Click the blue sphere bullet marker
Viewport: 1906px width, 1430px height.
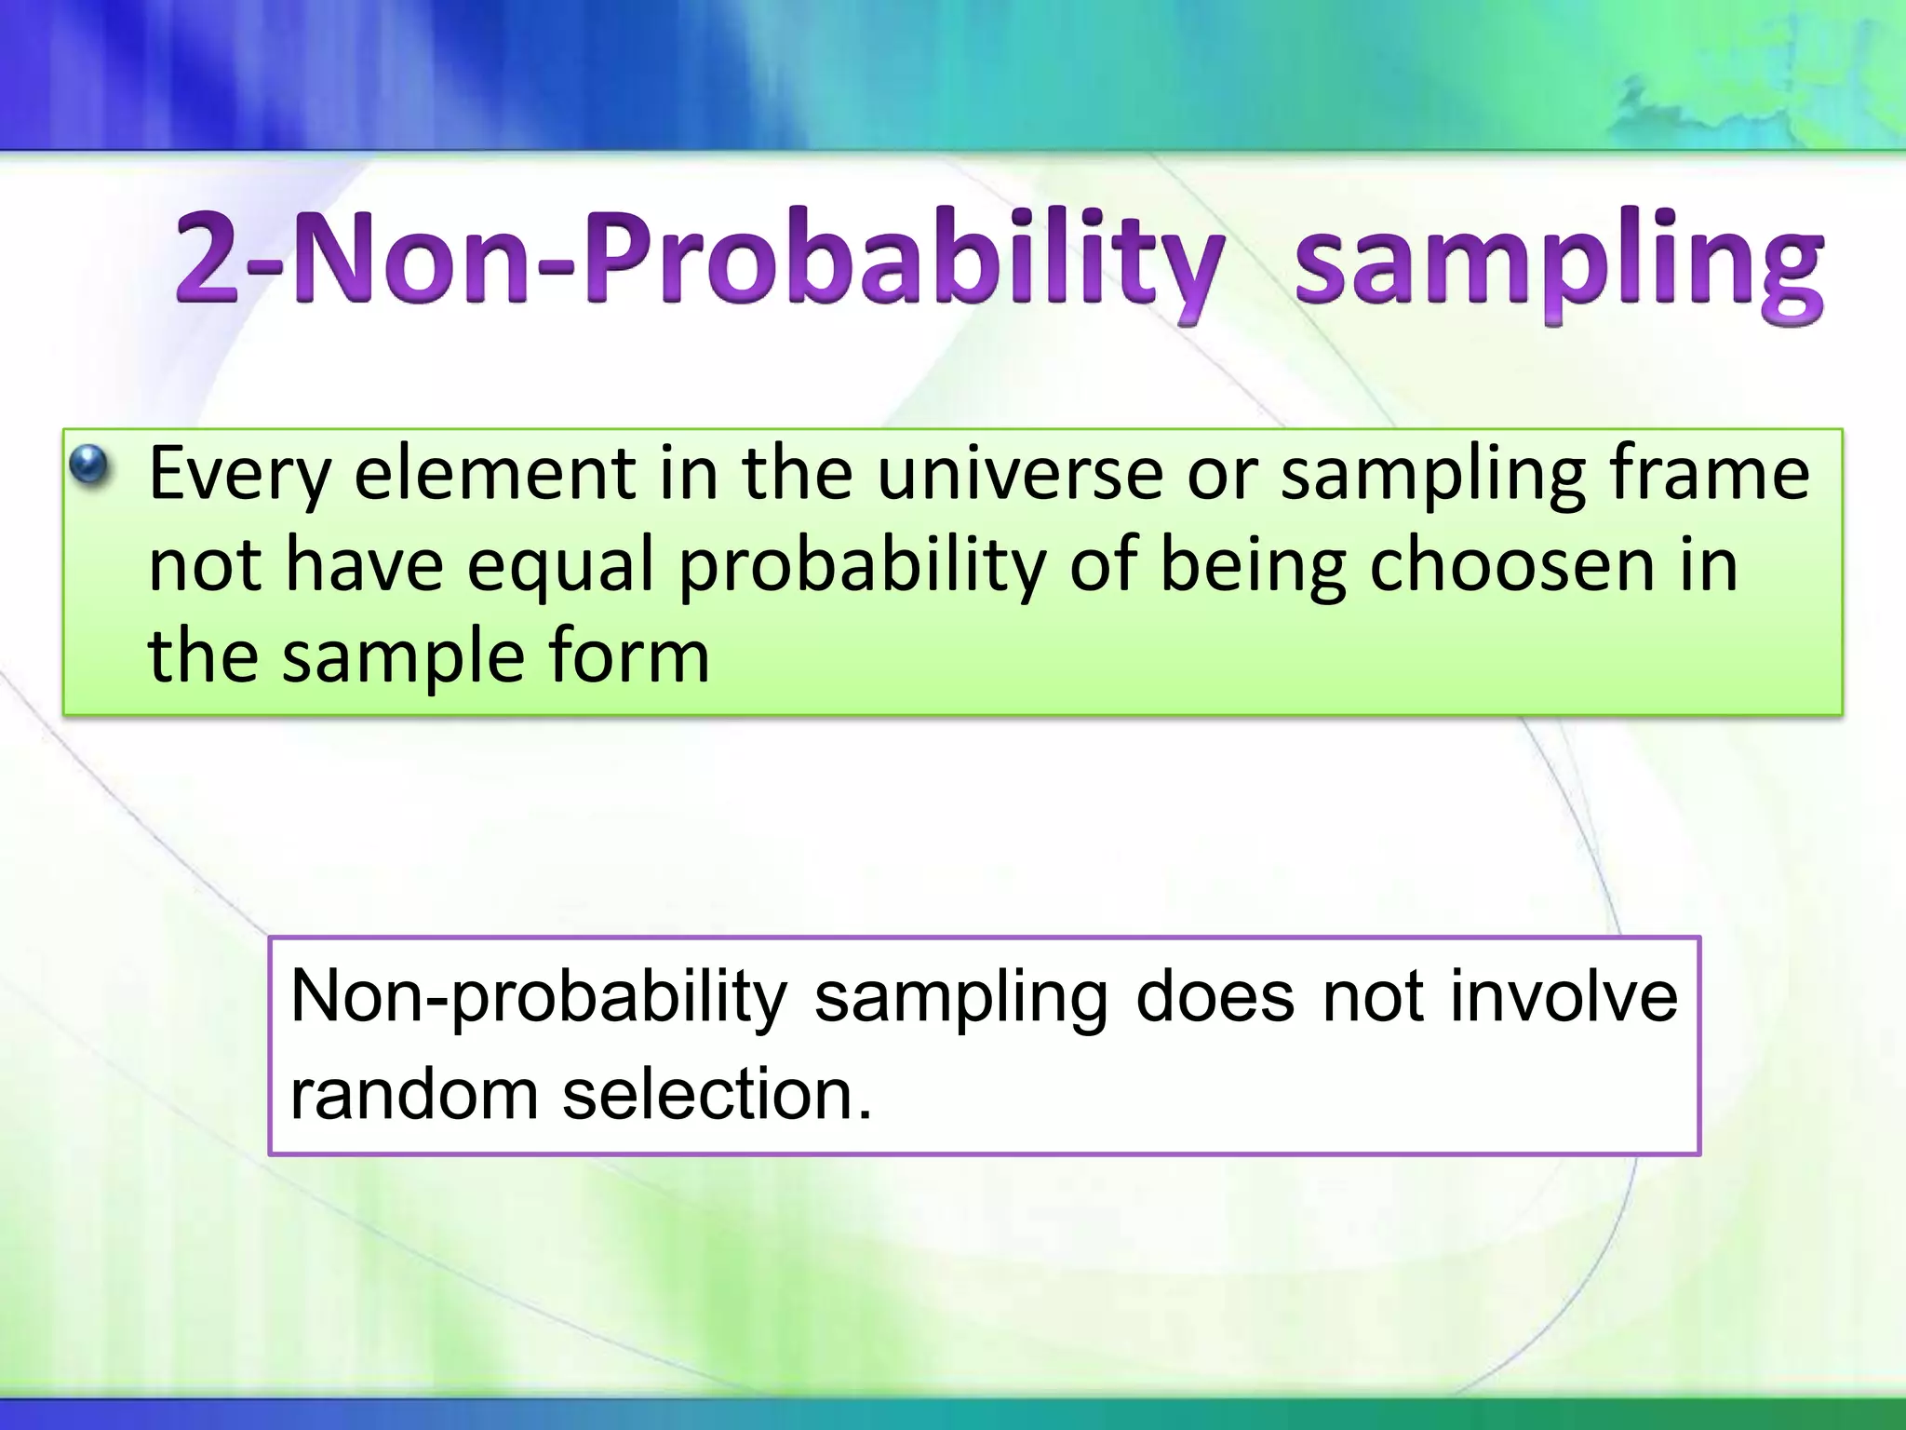(x=90, y=465)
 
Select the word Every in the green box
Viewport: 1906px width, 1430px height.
(x=239, y=475)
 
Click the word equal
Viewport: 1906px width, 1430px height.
(x=560, y=567)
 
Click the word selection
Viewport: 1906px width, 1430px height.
(x=718, y=1094)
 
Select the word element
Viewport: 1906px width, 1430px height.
(x=495, y=473)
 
